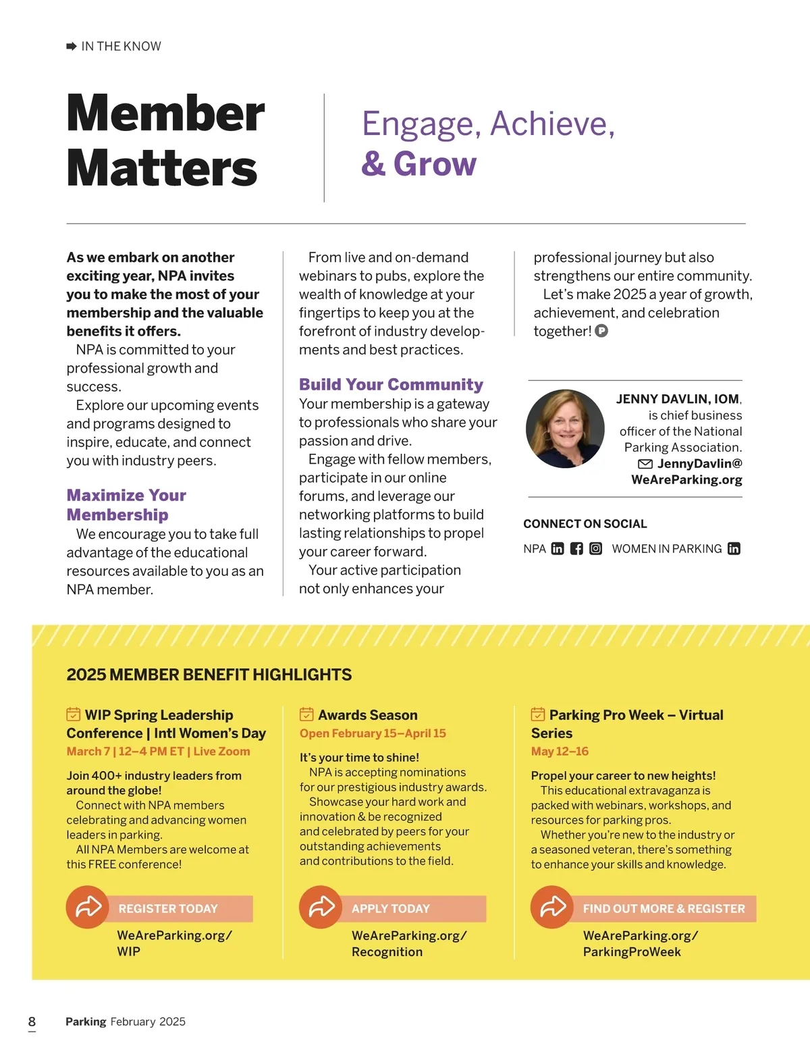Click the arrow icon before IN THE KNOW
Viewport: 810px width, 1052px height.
[72, 46]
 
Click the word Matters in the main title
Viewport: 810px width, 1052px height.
[162, 168]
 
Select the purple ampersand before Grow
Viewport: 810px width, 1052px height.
[373, 164]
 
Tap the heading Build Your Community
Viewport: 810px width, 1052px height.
[391, 384]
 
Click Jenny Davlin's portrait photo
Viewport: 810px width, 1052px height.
[565, 429]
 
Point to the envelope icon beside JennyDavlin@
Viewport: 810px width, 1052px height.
[645, 464]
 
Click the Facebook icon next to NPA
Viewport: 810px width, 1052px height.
[576, 548]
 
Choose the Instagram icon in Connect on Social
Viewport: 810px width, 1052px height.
[595, 548]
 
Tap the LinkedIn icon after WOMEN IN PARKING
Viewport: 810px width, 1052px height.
[734, 548]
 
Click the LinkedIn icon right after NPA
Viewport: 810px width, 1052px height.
[558, 548]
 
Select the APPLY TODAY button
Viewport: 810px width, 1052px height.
[417, 908]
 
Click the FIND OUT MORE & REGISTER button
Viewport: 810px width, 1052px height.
[664, 908]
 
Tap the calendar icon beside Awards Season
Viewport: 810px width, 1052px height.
[306, 714]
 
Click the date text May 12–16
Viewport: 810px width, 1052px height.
[560, 751]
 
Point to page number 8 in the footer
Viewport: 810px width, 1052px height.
[32, 1021]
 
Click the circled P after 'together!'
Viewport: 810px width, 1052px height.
[601, 331]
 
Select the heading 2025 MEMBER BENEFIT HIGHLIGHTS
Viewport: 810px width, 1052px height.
[209, 675]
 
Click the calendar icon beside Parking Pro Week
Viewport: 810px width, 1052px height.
[538, 714]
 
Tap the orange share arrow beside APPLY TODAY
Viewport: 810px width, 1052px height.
[321, 907]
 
